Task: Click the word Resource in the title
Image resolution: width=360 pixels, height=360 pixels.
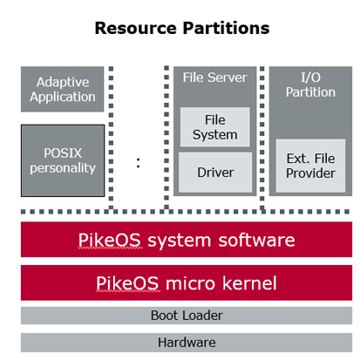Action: pos(136,28)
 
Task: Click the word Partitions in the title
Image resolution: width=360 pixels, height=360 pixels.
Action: pos(226,28)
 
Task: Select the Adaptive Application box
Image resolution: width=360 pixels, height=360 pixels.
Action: pos(63,89)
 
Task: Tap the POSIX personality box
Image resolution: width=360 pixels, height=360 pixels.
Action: pos(63,160)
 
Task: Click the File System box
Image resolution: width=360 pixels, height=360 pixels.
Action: pos(215,127)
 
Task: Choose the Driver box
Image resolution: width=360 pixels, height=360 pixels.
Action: pos(215,173)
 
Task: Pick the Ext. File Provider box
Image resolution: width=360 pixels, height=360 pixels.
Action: pos(310,166)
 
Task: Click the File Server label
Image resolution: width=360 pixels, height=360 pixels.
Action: pos(215,78)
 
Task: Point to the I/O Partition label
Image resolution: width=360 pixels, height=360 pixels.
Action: pos(310,85)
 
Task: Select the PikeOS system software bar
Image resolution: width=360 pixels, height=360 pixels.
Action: pos(187,240)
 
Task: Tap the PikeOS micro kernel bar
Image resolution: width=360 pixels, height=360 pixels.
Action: pos(187,282)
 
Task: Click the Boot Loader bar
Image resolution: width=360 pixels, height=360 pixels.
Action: pos(187,316)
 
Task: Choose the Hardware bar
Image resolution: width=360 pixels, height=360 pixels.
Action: pos(187,343)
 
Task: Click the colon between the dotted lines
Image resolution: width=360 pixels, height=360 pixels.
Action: pos(138,163)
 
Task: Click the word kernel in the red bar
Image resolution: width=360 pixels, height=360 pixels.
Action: pos(249,283)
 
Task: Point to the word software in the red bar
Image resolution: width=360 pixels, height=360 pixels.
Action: pos(256,240)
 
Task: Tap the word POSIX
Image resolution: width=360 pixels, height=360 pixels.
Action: pos(63,153)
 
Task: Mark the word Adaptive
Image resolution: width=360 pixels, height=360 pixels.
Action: pos(63,82)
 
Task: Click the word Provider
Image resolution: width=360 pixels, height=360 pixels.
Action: pos(310,173)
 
